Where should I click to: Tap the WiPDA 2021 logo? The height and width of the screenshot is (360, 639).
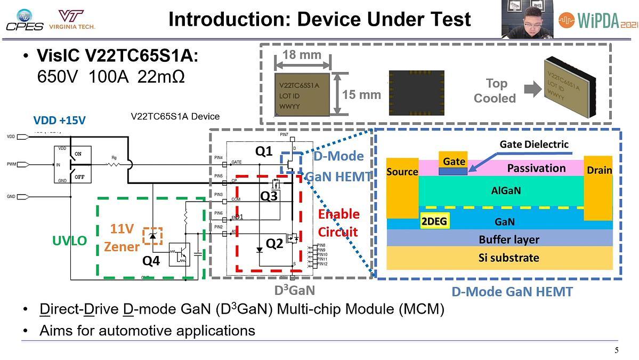(x=597, y=20)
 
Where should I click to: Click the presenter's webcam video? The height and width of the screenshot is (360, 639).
(x=527, y=19)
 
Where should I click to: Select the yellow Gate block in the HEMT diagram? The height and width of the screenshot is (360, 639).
(x=454, y=161)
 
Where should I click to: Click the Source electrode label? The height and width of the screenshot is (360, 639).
(x=402, y=172)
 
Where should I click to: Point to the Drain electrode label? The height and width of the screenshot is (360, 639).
(x=600, y=170)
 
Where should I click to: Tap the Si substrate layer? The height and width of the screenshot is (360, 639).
(x=508, y=258)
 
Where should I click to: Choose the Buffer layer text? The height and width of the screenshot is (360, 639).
(x=508, y=239)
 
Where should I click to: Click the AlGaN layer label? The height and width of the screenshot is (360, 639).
(x=506, y=190)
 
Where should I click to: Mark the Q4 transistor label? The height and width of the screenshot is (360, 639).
(x=151, y=261)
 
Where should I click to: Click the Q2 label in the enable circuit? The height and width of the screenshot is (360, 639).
(x=274, y=244)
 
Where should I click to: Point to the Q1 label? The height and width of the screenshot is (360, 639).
(x=264, y=151)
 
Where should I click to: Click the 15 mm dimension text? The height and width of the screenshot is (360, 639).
(x=361, y=95)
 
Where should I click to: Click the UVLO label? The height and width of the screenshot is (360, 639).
(x=69, y=241)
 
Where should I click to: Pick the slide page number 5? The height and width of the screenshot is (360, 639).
(x=617, y=350)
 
